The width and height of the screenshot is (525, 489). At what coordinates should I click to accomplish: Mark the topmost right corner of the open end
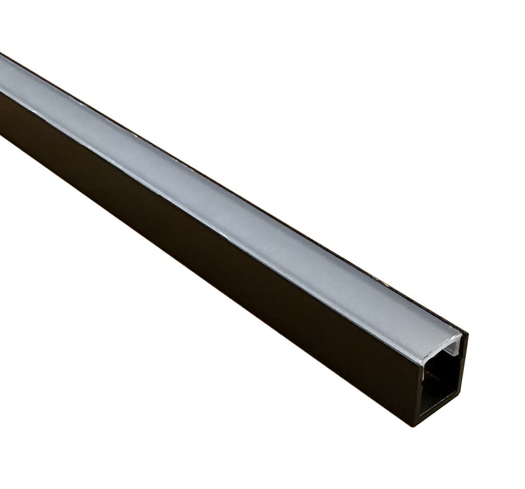(467, 333)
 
